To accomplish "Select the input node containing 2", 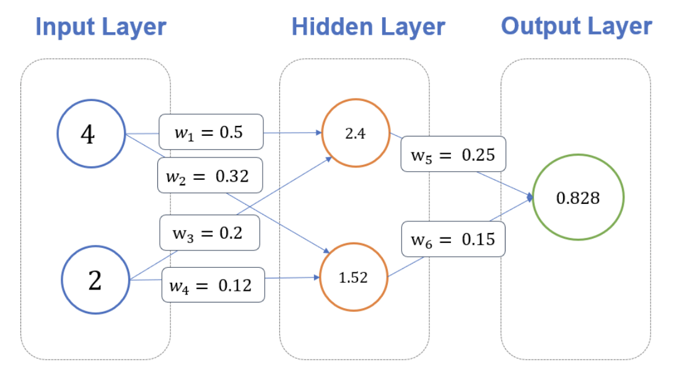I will (94, 280).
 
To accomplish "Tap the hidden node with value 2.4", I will (355, 133).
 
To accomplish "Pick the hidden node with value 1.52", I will (353, 278).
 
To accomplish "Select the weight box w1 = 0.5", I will (211, 132).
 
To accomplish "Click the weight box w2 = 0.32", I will (210, 175).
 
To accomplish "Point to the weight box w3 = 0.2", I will (209, 233).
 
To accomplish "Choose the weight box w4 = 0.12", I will (213, 285).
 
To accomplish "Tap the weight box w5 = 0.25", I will (453, 154).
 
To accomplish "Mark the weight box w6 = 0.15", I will (453, 239).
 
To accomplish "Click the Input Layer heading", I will (101, 27).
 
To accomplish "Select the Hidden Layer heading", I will (368, 27).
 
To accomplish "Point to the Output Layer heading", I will (576, 26).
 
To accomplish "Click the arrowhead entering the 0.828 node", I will (530, 198).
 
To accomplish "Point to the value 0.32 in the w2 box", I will (232, 176).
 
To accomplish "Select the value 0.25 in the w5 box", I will (478, 154).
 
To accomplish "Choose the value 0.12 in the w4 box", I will (235, 285).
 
